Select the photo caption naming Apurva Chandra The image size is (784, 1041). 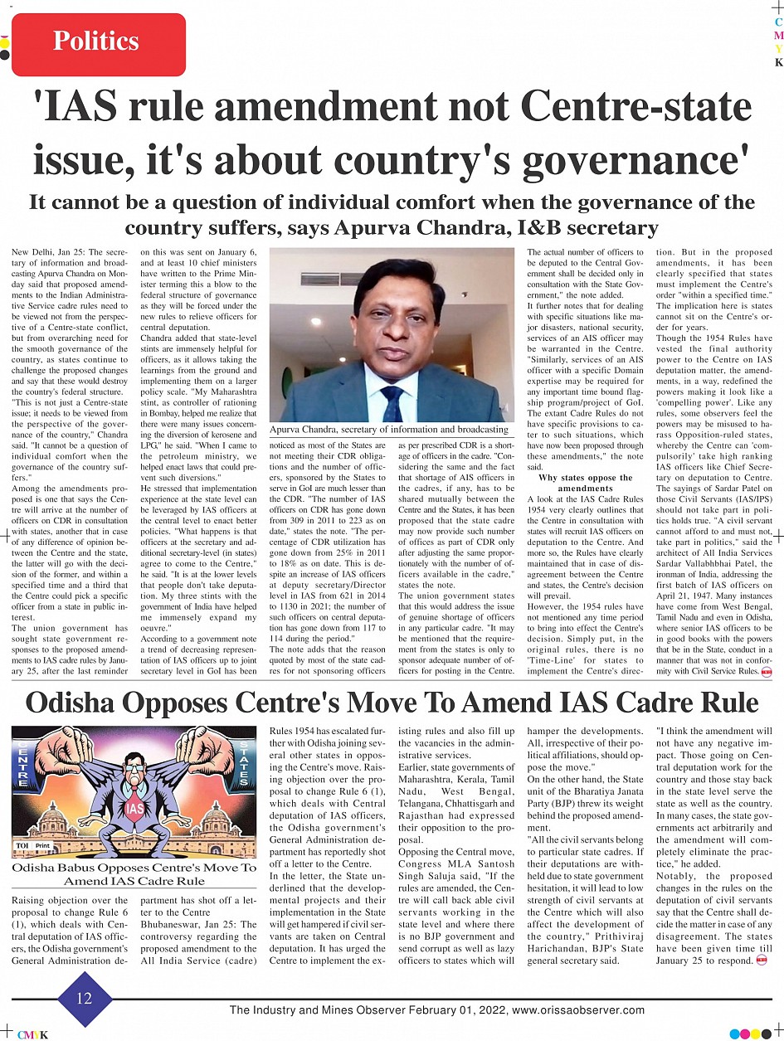(x=389, y=430)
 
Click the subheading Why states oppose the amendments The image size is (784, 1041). (x=585, y=484)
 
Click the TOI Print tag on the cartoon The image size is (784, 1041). (x=32, y=845)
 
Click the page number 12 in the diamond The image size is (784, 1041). (x=85, y=999)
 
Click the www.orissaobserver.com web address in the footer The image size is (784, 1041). (x=579, y=1010)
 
